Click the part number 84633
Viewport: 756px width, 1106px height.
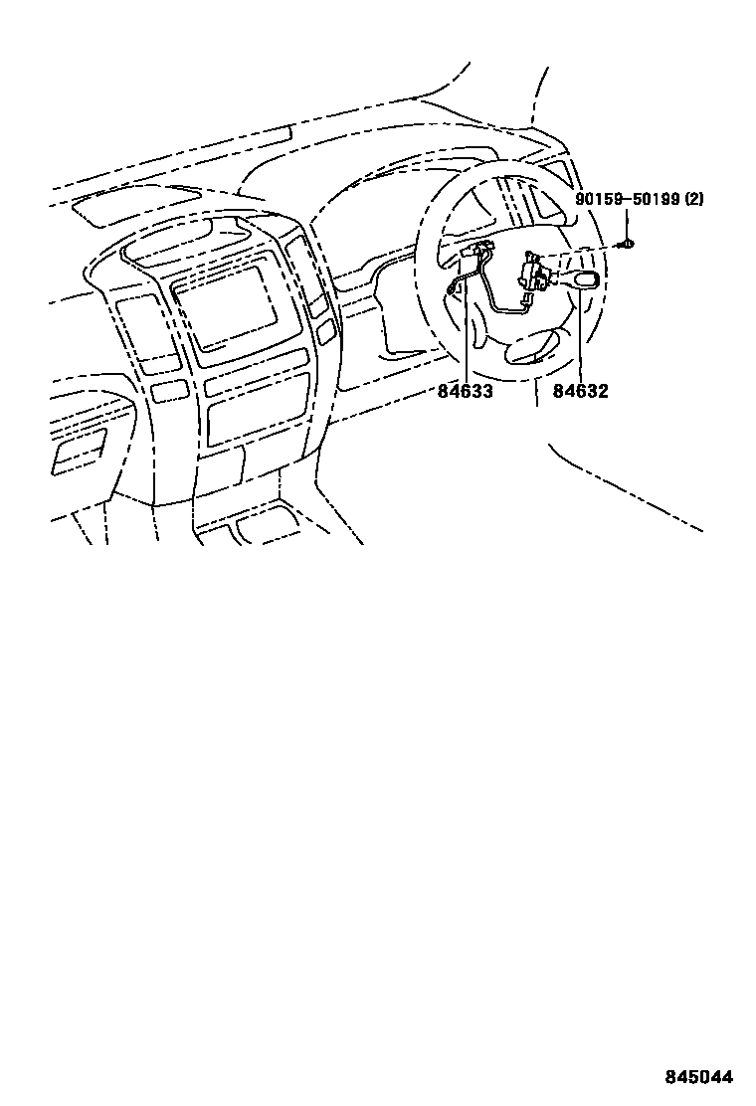coord(465,391)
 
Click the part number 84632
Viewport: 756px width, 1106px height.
coord(581,391)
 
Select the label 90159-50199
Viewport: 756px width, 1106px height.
coord(627,200)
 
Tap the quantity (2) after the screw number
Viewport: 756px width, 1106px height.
coord(693,200)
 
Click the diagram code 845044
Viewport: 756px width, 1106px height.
coord(699,1077)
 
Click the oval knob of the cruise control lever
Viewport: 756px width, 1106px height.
coord(587,279)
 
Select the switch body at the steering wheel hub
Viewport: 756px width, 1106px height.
coord(535,273)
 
